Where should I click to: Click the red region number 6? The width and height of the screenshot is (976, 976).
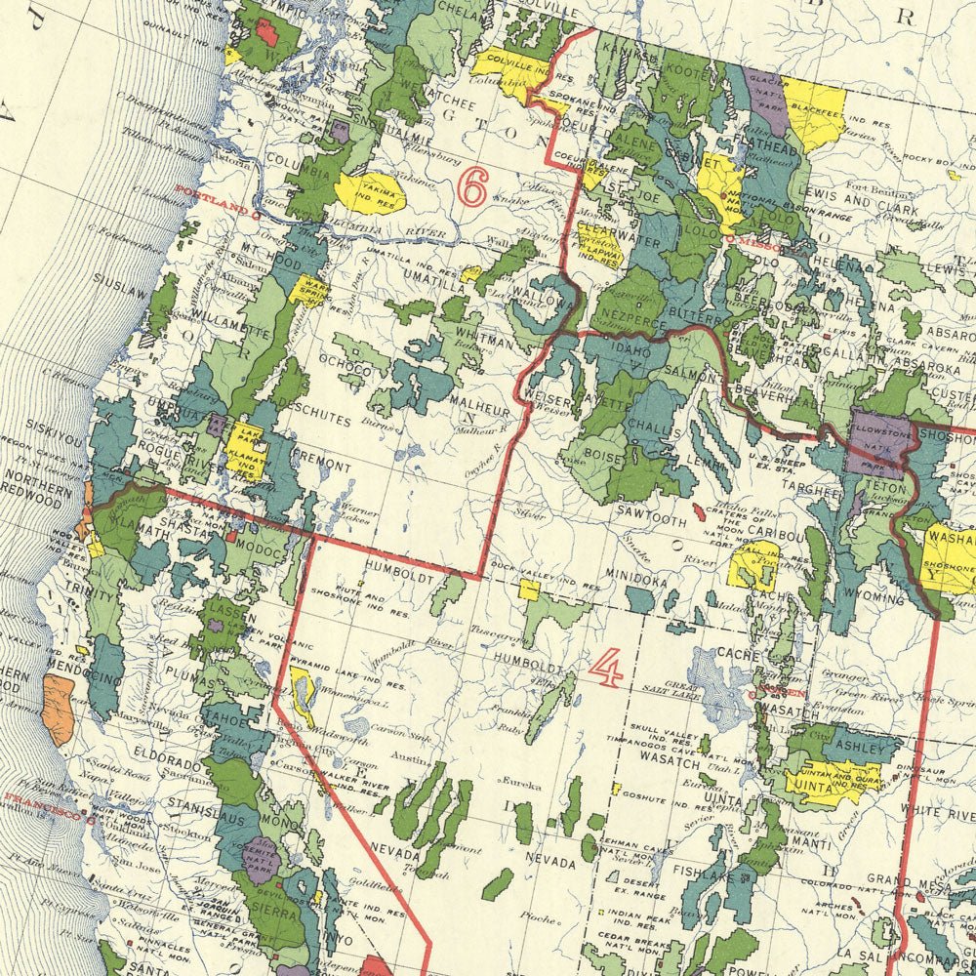tap(472, 187)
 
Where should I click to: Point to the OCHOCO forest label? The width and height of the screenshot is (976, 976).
tap(350, 371)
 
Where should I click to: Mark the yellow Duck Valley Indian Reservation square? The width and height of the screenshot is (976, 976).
tap(529, 590)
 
